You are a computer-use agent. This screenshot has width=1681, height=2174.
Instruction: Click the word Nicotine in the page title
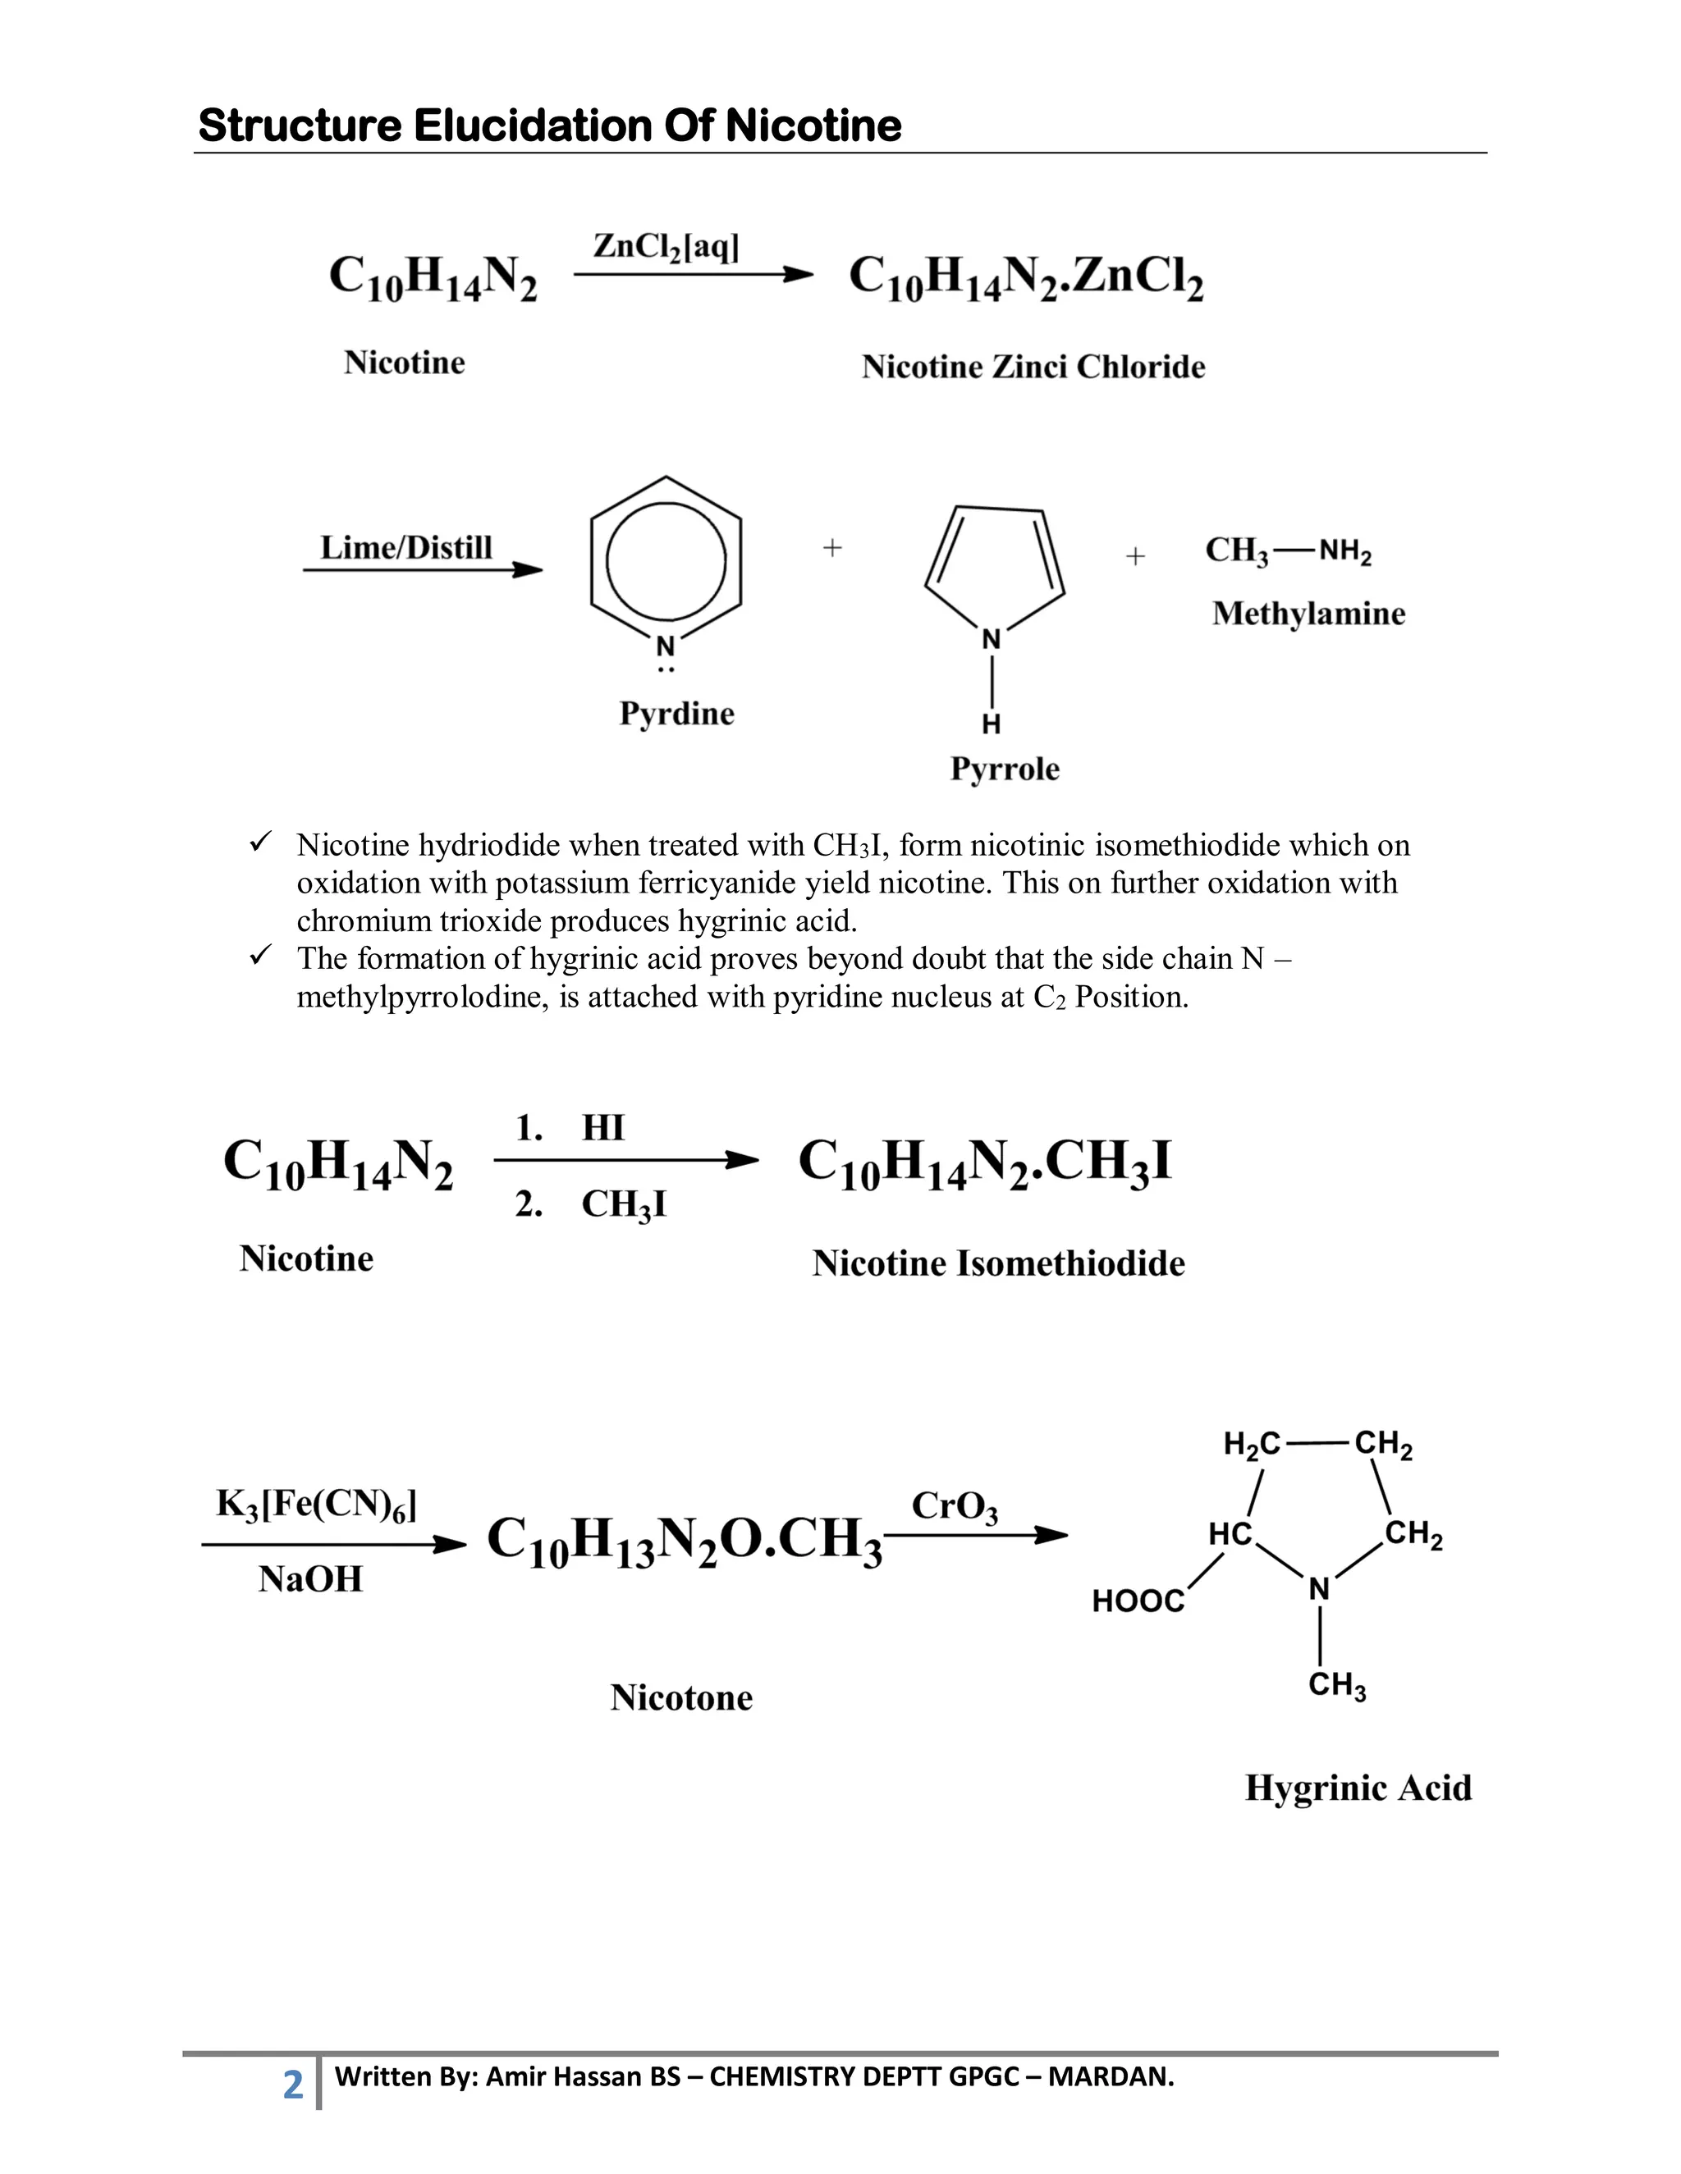point(813,126)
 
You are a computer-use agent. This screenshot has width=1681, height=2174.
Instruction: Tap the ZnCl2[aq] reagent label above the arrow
point(665,247)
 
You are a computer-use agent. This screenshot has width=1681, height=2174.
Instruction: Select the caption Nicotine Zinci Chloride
point(1033,367)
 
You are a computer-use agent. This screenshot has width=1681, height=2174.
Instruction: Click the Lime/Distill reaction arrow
point(424,570)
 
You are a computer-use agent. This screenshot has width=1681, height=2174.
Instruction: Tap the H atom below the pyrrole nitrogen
point(991,724)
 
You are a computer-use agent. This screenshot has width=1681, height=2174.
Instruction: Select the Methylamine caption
point(1308,613)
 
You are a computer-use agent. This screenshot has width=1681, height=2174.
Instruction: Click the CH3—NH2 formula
point(1288,550)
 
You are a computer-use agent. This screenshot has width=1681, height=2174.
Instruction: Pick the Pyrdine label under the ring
point(676,713)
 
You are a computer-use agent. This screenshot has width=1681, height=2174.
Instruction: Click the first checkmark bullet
point(260,844)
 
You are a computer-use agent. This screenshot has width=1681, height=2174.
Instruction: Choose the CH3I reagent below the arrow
point(624,1204)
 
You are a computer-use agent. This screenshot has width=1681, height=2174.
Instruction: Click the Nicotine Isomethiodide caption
point(998,1263)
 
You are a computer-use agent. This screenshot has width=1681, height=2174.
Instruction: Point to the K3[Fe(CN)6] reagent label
point(316,1504)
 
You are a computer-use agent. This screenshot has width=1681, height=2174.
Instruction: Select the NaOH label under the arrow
point(311,1578)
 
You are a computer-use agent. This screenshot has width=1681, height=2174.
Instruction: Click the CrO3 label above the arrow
point(954,1506)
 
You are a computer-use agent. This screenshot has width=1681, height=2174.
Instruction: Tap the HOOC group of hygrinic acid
point(1138,1601)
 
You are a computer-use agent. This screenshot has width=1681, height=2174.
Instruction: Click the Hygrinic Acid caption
point(1358,1788)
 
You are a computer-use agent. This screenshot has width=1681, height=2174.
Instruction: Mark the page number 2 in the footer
point(293,2084)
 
